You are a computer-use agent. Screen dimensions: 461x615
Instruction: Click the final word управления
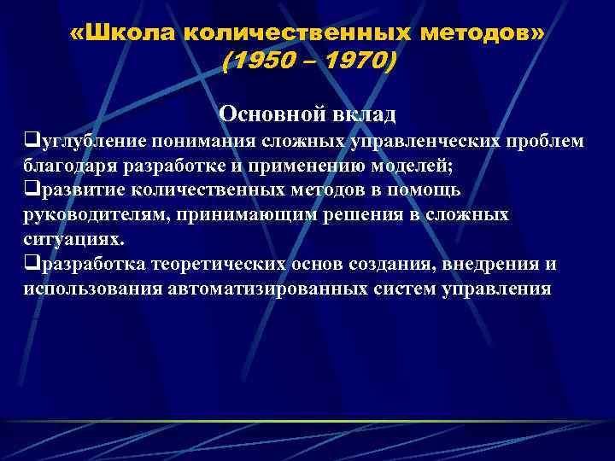click(499, 289)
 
